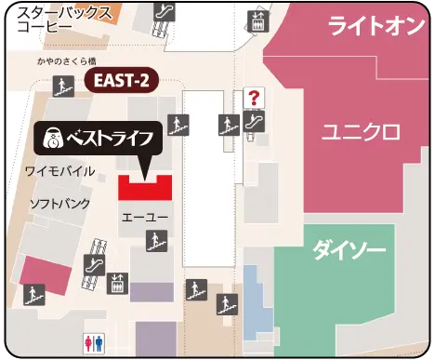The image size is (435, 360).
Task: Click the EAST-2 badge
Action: click(119, 81)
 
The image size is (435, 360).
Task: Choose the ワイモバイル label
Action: click(59, 170)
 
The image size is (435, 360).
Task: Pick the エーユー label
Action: click(144, 216)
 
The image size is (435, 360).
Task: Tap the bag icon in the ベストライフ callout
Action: click(53, 140)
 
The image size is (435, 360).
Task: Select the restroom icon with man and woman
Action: click(94, 341)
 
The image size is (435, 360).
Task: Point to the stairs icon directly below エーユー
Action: click(152, 244)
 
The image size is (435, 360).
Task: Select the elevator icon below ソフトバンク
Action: click(118, 280)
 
